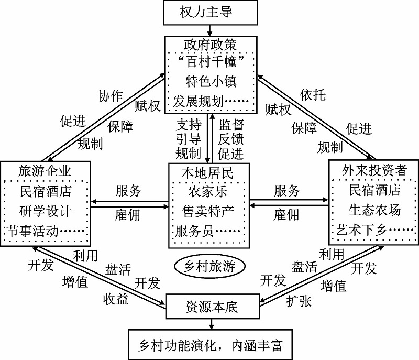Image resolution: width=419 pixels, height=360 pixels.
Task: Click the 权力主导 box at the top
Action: (x=211, y=12)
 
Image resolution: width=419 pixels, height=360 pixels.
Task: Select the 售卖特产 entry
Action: (x=208, y=210)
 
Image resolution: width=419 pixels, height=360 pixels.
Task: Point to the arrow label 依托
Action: (x=313, y=94)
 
